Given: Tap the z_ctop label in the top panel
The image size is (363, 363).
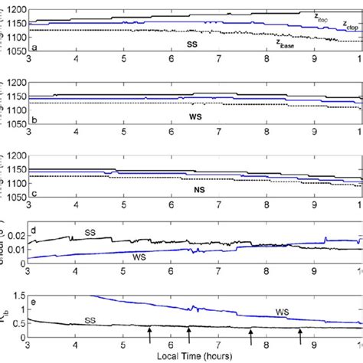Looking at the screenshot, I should [x=350, y=27].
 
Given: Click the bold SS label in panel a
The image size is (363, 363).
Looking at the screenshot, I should [x=193, y=44].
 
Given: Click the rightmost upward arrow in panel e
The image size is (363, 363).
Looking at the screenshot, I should [x=300, y=335].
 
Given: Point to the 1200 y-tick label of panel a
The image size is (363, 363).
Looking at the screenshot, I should [x=17, y=7].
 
